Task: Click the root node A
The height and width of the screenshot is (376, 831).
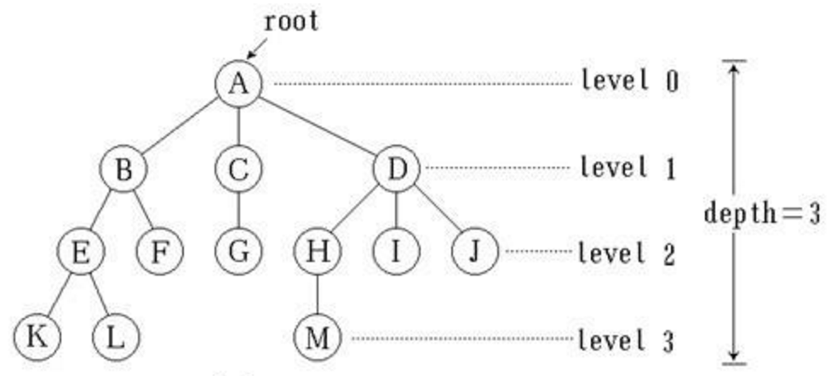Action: [238, 83]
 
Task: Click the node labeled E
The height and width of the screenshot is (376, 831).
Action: [80, 252]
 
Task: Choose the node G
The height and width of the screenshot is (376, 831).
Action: [238, 252]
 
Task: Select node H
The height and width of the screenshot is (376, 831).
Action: [316, 252]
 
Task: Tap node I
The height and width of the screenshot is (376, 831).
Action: [395, 252]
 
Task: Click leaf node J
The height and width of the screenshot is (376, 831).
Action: [474, 252]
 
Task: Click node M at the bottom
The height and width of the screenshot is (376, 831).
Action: [316, 338]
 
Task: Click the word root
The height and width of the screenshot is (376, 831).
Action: [291, 21]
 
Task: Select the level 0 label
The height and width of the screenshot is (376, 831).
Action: [629, 83]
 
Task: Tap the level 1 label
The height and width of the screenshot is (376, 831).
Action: [628, 168]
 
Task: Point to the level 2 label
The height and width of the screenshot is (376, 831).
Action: [627, 253]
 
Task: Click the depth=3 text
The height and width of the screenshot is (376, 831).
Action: [761, 212]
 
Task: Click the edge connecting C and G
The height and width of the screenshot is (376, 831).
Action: [238, 210]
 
